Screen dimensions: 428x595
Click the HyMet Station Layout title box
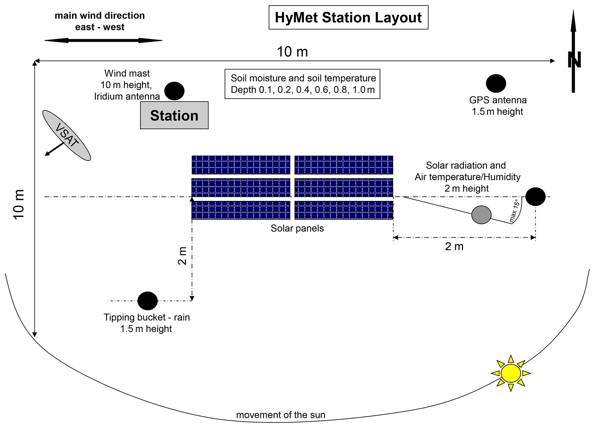[348, 17]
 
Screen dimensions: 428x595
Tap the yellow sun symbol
[511, 373]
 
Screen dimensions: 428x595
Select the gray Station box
[174, 115]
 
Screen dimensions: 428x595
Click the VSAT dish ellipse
[66, 135]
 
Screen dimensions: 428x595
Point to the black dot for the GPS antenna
[496, 83]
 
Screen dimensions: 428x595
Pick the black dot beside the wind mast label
[174, 91]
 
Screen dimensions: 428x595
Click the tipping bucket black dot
[147, 301]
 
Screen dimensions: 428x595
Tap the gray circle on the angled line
[481, 215]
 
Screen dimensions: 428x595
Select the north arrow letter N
[574, 60]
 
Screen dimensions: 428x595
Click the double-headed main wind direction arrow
[103, 40]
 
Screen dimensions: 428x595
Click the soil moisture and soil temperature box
[302, 84]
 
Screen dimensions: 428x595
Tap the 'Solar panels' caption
[297, 228]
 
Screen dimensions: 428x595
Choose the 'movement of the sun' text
[281, 415]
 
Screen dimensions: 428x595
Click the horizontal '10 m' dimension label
[292, 52]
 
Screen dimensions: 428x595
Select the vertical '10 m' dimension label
[19, 205]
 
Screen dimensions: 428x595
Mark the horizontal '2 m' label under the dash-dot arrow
[454, 247]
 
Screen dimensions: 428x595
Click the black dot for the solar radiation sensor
[535, 196]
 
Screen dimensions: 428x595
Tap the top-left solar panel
[241, 165]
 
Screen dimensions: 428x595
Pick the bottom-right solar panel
[344, 210]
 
